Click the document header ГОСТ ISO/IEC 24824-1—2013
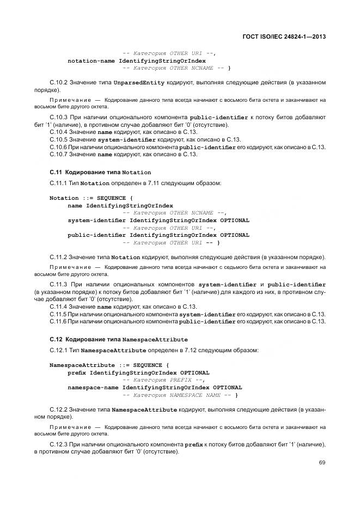[287, 36]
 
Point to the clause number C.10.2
[58, 83]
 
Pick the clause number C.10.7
[58, 154]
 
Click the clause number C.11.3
[58, 284]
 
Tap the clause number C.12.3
[58, 445]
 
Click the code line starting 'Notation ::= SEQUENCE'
[91, 198]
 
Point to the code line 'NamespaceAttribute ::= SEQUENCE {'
[109, 365]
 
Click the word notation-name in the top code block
[91, 60]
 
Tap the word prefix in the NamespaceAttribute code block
[77, 372]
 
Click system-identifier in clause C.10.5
[126, 139]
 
